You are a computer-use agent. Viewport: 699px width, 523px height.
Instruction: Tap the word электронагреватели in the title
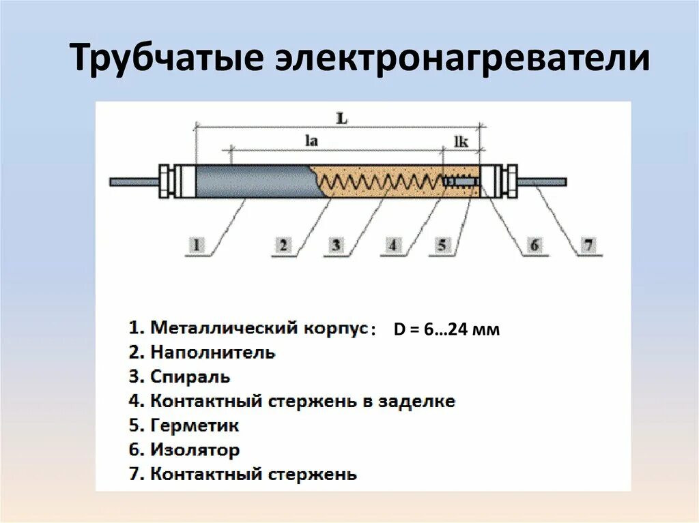pos(461,59)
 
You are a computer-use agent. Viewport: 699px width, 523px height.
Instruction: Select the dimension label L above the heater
pos(342,118)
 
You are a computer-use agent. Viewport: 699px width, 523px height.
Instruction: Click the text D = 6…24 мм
pos(446,330)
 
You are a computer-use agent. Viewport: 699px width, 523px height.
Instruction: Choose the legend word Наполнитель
pos(213,353)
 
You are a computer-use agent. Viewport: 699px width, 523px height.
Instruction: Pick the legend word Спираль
pos(190,376)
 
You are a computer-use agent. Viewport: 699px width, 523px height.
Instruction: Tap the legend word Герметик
pos(195,425)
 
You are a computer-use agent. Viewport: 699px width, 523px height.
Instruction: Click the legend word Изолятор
pos(195,450)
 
